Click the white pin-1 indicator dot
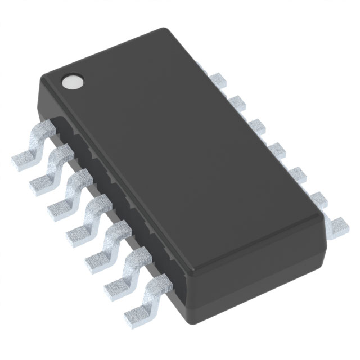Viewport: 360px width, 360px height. coord(71,83)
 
